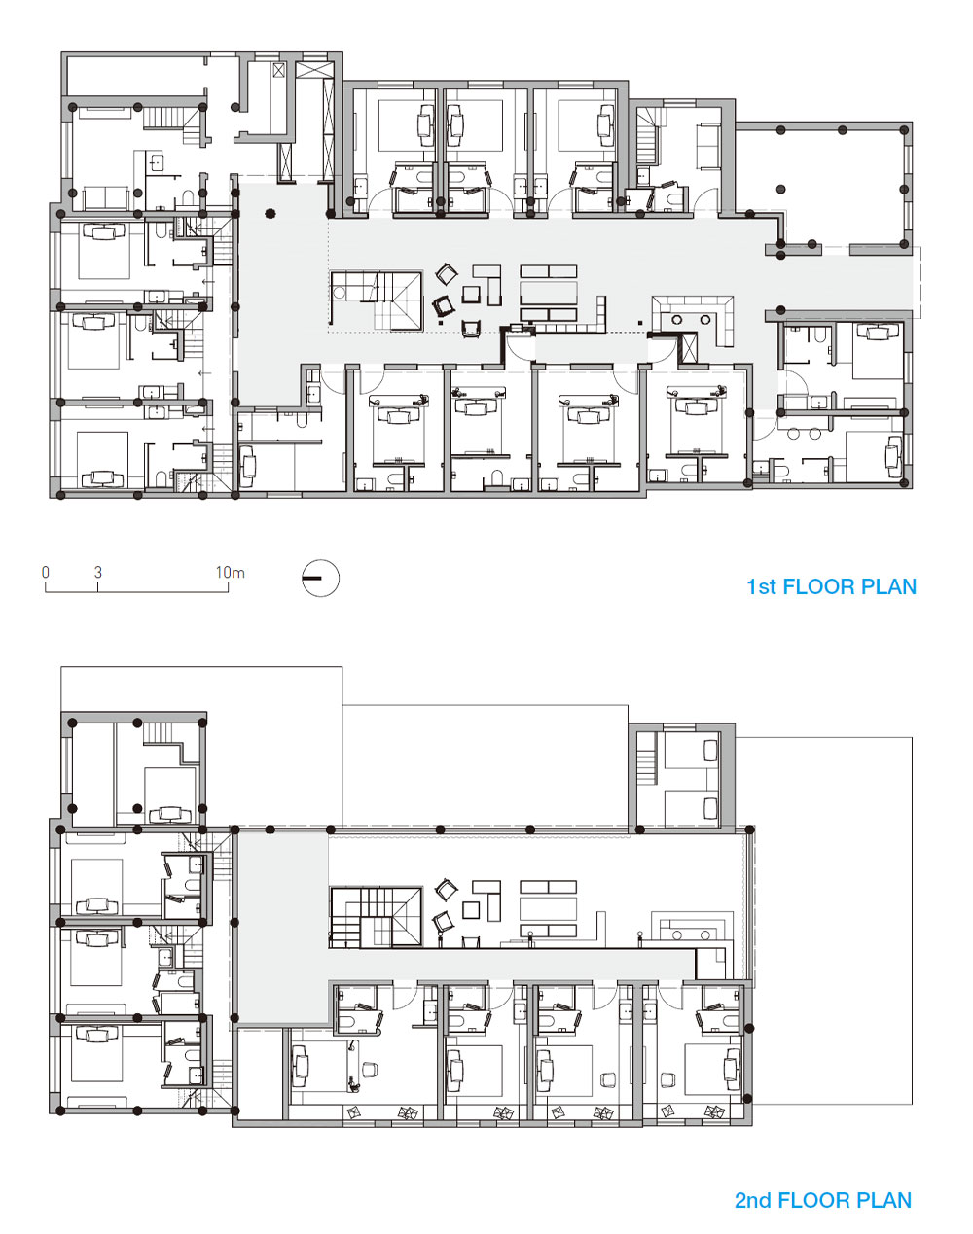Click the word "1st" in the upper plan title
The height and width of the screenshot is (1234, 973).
click(x=761, y=586)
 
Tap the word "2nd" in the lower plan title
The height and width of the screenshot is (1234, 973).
click(x=753, y=1200)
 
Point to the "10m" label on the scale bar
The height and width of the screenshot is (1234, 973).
click(x=230, y=572)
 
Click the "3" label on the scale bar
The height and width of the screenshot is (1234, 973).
click(x=98, y=572)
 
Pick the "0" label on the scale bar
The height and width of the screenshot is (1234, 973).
click(x=46, y=572)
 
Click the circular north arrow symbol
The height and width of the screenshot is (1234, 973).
click(x=321, y=578)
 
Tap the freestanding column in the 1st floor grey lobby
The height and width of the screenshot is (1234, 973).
click(x=270, y=214)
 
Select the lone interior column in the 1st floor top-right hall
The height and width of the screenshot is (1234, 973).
click(x=780, y=189)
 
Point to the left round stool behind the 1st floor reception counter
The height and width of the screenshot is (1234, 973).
click(x=677, y=319)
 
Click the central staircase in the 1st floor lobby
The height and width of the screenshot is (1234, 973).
click(x=376, y=301)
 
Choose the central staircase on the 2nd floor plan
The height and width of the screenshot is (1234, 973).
click(x=376, y=917)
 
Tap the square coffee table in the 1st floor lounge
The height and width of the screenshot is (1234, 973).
click(x=471, y=295)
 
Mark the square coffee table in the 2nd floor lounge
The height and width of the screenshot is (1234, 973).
click(x=471, y=910)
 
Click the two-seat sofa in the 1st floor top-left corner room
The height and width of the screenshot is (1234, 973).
click(x=107, y=197)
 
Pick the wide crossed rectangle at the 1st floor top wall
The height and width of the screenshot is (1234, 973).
click(x=314, y=70)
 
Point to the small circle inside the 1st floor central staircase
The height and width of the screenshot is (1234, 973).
click(x=339, y=293)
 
